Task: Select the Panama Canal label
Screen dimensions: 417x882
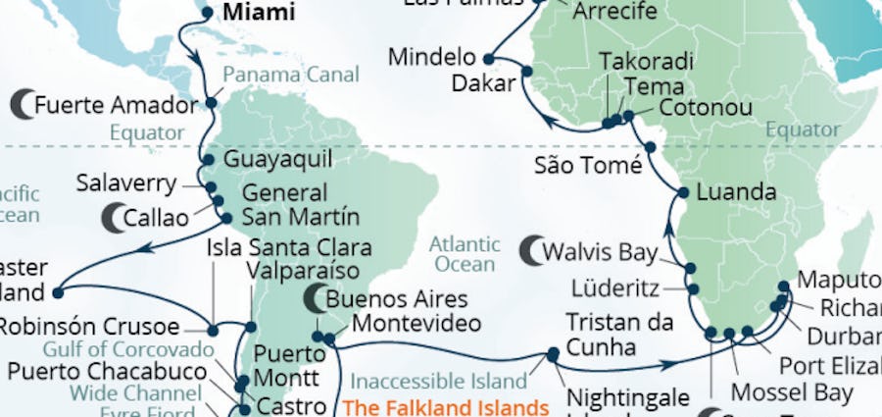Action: pos(290,75)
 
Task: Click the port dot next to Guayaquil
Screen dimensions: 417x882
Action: pos(208,160)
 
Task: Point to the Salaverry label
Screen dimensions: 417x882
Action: pos(126,183)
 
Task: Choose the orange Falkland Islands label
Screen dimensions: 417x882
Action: pos(446,406)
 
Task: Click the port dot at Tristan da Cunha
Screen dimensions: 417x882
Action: pos(554,354)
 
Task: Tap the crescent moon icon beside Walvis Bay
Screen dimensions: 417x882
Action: pos(534,251)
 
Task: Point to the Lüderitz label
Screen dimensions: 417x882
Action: pos(612,288)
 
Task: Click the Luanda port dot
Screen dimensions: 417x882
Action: pos(682,192)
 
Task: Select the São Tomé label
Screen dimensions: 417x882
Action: pos(588,164)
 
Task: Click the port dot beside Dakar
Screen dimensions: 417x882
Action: pos(526,71)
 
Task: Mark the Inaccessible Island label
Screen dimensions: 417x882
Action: pos(438,380)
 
